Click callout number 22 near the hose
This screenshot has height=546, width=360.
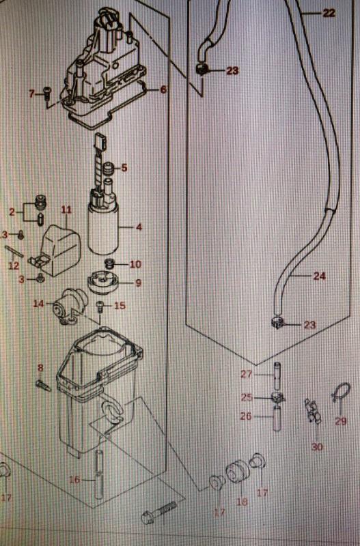point(329,13)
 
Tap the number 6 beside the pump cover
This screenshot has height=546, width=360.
point(163,89)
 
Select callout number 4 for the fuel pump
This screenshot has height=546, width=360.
point(139,227)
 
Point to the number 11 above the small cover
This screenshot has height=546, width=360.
point(66,210)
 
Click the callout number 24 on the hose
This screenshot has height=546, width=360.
point(320,276)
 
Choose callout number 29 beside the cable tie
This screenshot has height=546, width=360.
point(341,421)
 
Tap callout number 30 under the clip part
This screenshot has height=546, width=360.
point(317,447)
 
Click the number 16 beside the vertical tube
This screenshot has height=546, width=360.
point(74,480)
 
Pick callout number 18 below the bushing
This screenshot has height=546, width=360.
point(242,502)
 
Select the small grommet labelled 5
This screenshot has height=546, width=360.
point(110,169)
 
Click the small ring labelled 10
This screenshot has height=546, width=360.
point(110,263)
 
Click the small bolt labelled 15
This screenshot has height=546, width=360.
point(100,306)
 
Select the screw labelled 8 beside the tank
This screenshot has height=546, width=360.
point(43,386)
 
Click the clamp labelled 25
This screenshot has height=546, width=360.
point(278,397)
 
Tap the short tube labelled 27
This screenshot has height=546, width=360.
point(277,376)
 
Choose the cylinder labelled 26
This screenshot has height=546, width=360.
point(277,418)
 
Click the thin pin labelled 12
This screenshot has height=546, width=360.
point(14,251)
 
